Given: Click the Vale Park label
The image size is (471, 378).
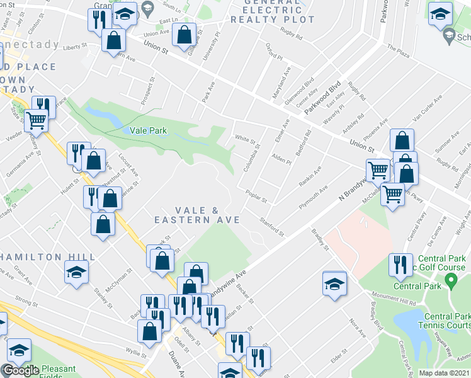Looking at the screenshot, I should [x=147, y=130].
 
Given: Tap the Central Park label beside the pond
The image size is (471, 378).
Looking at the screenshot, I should [x=412, y=287].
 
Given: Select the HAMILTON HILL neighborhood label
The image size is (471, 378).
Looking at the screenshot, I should [x=48, y=257].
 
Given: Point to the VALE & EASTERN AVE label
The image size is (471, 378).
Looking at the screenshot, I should [x=198, y=215].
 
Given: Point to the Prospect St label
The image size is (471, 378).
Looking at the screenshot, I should [x=152, y=92].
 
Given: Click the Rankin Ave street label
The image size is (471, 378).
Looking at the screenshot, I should [x=310, y=176].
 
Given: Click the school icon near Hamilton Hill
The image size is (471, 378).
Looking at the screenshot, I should [x=77, y=272].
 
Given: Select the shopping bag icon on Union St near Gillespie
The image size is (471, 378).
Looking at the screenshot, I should [x=183, y=36].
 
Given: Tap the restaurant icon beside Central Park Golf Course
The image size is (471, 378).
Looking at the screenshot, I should [x=399, y=265].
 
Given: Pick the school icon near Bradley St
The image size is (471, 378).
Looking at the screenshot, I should [x=334, y=283].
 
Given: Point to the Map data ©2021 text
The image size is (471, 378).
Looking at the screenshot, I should [x=445, y=373].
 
